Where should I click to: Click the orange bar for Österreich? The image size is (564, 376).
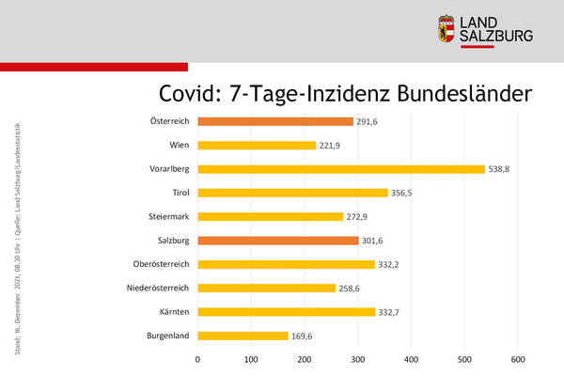(x=275, y=121)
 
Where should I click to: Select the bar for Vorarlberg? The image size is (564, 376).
(x=341, y=169)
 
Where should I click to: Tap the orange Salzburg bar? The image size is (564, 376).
(x=278, y=240)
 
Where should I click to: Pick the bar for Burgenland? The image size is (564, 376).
(x=243, y=336)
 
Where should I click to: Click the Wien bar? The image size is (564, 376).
(x=257, y=145)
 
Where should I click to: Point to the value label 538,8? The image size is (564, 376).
(x=503, y=169)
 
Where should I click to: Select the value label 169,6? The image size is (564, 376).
(x=306, y=336)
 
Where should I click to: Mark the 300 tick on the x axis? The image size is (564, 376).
(x=357, y=359)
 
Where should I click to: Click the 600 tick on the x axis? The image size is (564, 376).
(x=517, y=359)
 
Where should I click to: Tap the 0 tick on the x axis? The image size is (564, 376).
(x=197, y=359)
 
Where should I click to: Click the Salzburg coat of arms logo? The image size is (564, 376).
(x=446, y=31)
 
